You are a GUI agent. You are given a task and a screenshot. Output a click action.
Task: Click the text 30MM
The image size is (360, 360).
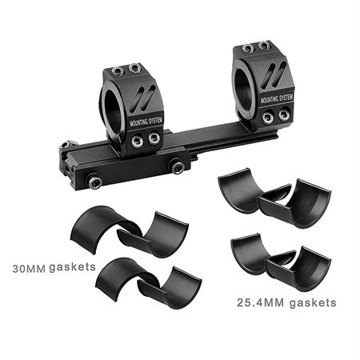[29, 269]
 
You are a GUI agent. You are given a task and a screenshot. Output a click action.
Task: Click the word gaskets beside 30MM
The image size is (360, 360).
[72, 267]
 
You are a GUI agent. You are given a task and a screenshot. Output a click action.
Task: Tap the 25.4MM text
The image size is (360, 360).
[260, 303]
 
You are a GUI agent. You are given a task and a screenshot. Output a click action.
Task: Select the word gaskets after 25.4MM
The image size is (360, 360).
[313, 303]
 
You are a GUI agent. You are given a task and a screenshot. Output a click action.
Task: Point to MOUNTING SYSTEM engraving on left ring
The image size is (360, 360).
[146, 122]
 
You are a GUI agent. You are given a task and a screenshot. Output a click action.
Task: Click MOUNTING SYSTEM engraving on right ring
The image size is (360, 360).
[277, 98]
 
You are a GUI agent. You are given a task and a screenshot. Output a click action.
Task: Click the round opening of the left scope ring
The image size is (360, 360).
[114, 106]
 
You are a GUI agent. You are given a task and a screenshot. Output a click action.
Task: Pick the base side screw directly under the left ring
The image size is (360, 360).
[177, 167]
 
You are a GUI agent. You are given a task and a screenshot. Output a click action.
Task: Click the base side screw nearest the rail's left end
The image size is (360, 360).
[95, 182]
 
